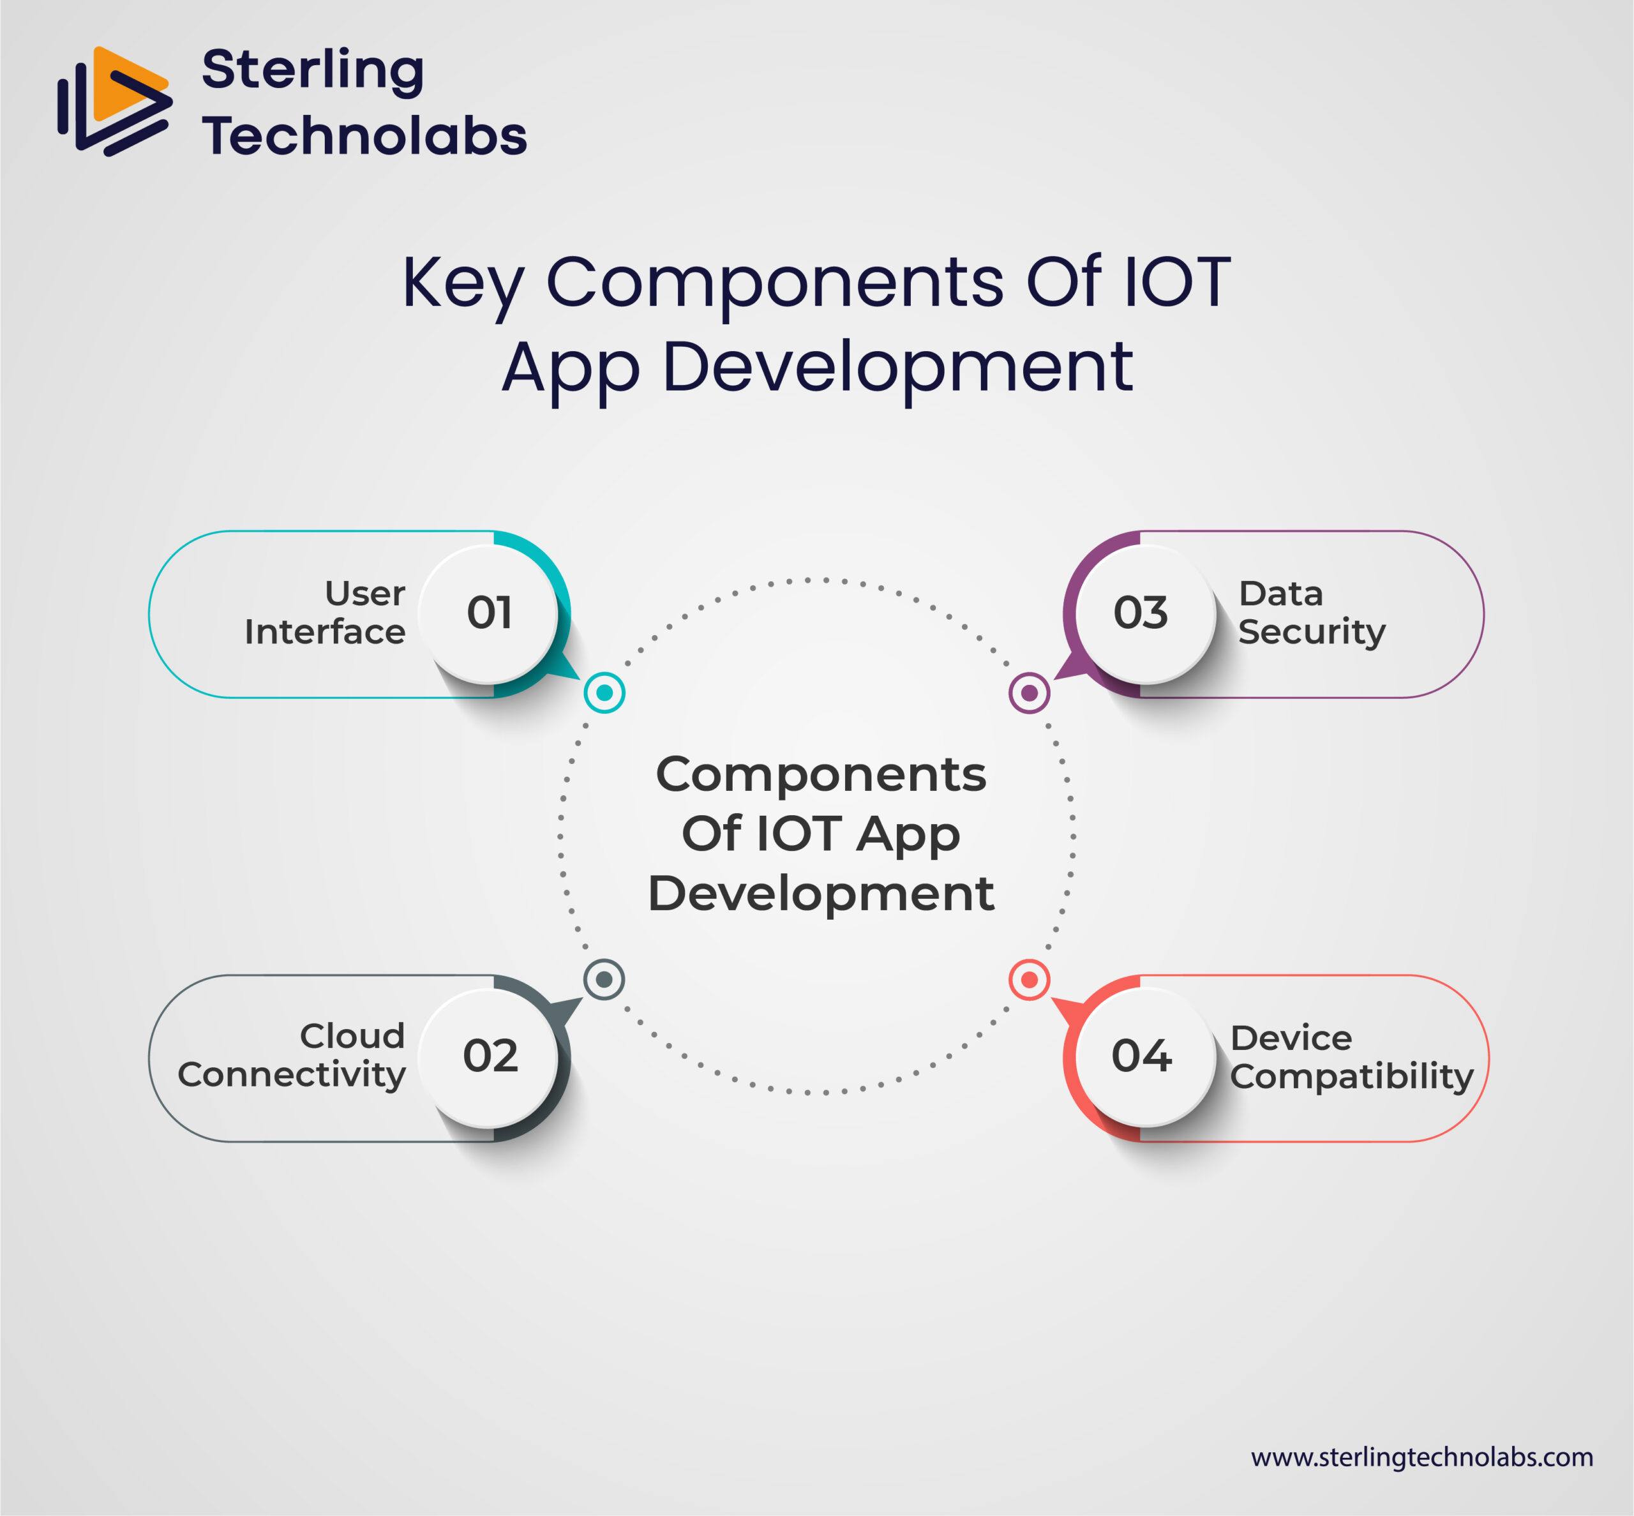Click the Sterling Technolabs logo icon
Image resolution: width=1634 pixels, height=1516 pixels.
coord(115,101)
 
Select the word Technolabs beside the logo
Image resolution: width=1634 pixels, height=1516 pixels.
coord(364,135)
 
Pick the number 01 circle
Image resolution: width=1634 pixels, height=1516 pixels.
coord(489,613)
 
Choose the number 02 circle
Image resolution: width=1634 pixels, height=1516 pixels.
coord(490,1056)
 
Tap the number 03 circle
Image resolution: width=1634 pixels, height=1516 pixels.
coord(1141,613)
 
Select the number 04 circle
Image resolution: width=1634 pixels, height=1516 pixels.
coord(1141,1056)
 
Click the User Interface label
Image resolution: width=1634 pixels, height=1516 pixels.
coord(326,613)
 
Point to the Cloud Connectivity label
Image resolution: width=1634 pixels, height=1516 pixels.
coord(292,1055)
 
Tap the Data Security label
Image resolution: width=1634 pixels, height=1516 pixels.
coord(1311,613)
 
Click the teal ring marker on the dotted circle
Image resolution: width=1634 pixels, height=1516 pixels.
coord(604,693)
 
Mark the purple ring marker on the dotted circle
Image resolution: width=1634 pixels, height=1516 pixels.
coord(1030,693)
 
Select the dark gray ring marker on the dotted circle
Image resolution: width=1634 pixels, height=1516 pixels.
coord(604,979)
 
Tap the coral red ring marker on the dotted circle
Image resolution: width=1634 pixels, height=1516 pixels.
coord(1030,979)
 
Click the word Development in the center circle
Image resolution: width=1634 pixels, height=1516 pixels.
coord(821,894)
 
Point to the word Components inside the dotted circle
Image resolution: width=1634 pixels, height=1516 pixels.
coord(821,775)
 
